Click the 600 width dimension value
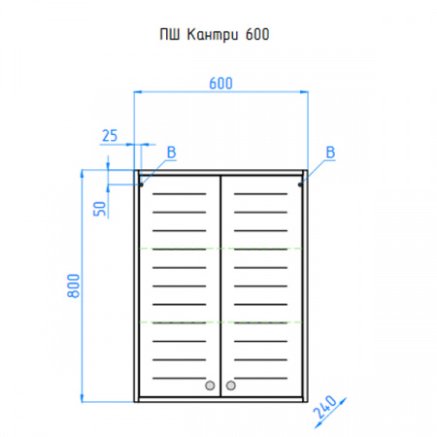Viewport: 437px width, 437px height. (x=220, y=84)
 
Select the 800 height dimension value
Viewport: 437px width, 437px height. (x=74, y=286)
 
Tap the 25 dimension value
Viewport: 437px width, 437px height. (x=110, y=136)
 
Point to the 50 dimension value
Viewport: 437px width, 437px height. (x=100, y=209)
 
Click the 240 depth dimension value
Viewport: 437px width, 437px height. (x=325, y=407)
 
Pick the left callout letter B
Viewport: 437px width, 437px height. (x=171, y=152)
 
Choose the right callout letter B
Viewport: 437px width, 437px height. (x=330, y=152)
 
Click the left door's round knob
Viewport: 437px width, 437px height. (x=210, y=386)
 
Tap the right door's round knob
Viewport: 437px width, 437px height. (x=231, y=386)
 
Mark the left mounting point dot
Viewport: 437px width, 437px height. (x=141, y=185)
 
